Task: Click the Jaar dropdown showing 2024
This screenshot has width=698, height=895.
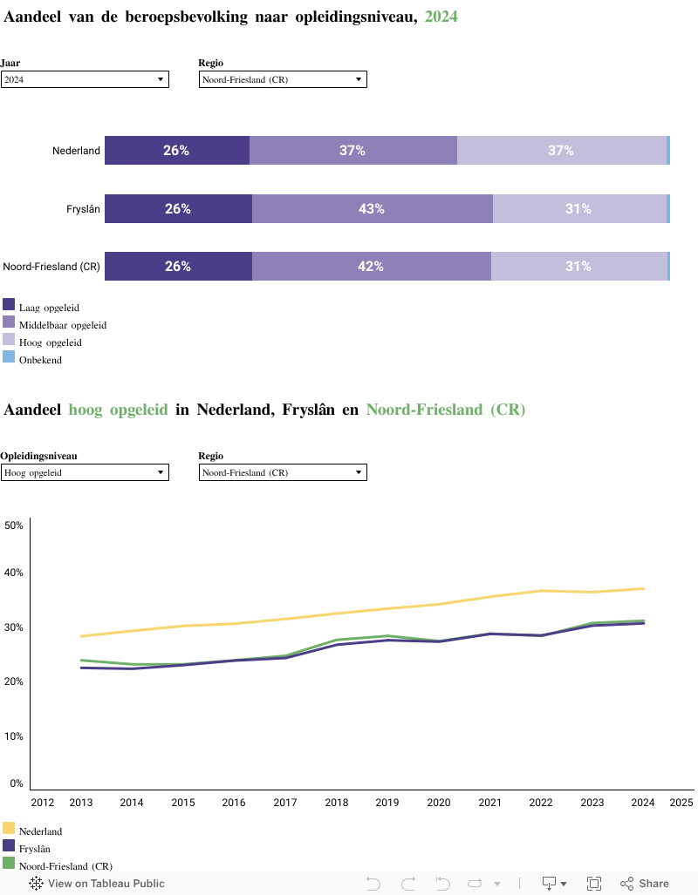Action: [x=84, y=79]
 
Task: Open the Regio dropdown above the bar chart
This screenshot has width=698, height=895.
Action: [x=283, y=79]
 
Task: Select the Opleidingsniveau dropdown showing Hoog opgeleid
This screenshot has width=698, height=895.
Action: [x=84, y=472]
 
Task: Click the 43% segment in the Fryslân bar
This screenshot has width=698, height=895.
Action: [x=372, y=209]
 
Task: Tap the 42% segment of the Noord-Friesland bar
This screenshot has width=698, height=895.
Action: [x=371, y=267]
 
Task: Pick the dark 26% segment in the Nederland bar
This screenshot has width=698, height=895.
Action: [x=176, y=151]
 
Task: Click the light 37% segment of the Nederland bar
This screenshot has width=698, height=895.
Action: [x=560, y=151]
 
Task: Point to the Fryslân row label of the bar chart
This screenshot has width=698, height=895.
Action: [x=84, y=209]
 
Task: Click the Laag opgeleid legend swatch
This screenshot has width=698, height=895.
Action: [x=9, y=305]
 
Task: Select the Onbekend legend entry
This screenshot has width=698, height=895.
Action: [x=40, y=360]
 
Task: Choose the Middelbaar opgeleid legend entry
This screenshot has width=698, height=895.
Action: [x=62, y=325]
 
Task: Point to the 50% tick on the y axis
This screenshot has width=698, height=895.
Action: [x=14, y=525]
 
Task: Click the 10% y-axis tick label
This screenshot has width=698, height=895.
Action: [x=14, y=736]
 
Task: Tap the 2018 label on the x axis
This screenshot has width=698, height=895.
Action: [x=336, y=802]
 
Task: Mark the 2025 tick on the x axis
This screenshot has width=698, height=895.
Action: [x=681, y=802]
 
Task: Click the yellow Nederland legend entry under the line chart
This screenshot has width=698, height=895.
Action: [x=40, y=831]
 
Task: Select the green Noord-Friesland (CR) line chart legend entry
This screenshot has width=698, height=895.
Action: [x=65, y=866]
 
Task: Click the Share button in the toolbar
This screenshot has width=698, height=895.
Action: [x=646, y=884]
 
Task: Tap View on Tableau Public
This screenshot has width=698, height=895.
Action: [x=98, y=884]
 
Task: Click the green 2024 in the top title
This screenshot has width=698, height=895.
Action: [x=441, y=17]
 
